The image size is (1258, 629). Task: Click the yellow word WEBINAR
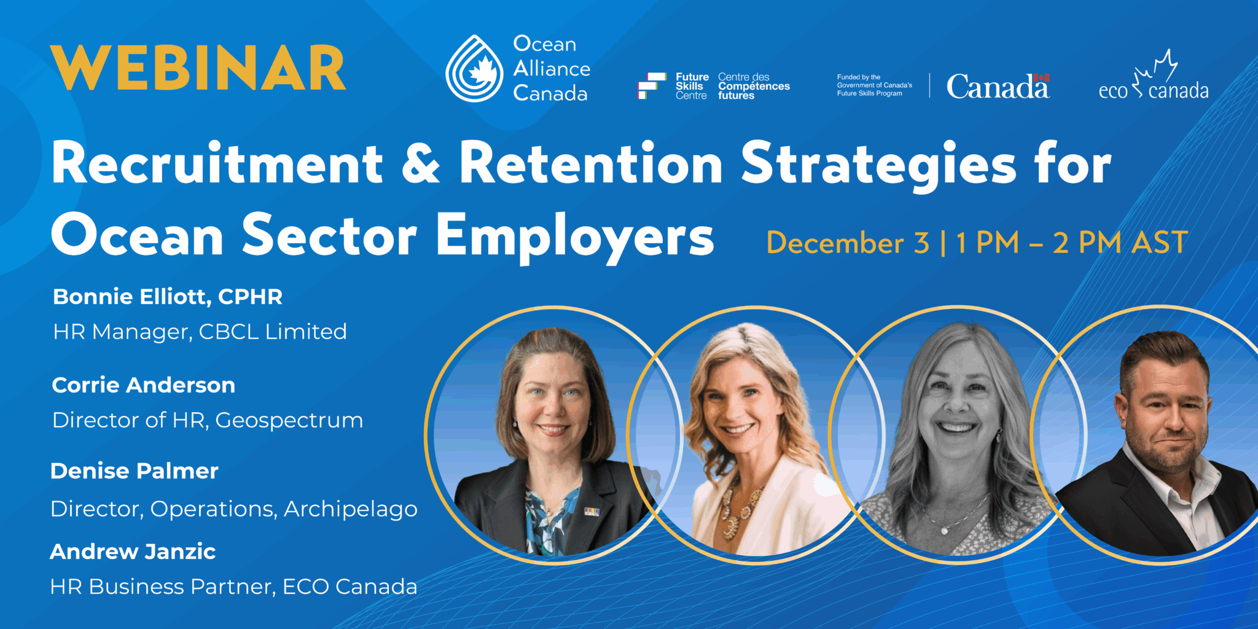198,68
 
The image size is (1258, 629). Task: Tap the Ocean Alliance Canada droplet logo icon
474,68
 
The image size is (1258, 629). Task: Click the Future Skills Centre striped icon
652,86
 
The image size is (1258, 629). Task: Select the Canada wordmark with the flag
998,86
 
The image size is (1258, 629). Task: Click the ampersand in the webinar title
421,163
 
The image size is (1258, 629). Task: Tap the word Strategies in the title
879,165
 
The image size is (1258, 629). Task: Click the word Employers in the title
575,236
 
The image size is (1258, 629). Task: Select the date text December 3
848,243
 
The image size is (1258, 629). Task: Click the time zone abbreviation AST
1160,243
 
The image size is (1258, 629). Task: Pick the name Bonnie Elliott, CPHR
168,297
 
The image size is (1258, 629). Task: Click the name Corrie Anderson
144,385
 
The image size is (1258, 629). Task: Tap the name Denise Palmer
135,471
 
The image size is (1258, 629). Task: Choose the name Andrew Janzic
133,552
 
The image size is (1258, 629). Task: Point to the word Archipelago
351,510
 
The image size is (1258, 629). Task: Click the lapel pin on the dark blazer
592,511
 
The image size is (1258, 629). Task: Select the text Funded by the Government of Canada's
875,81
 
